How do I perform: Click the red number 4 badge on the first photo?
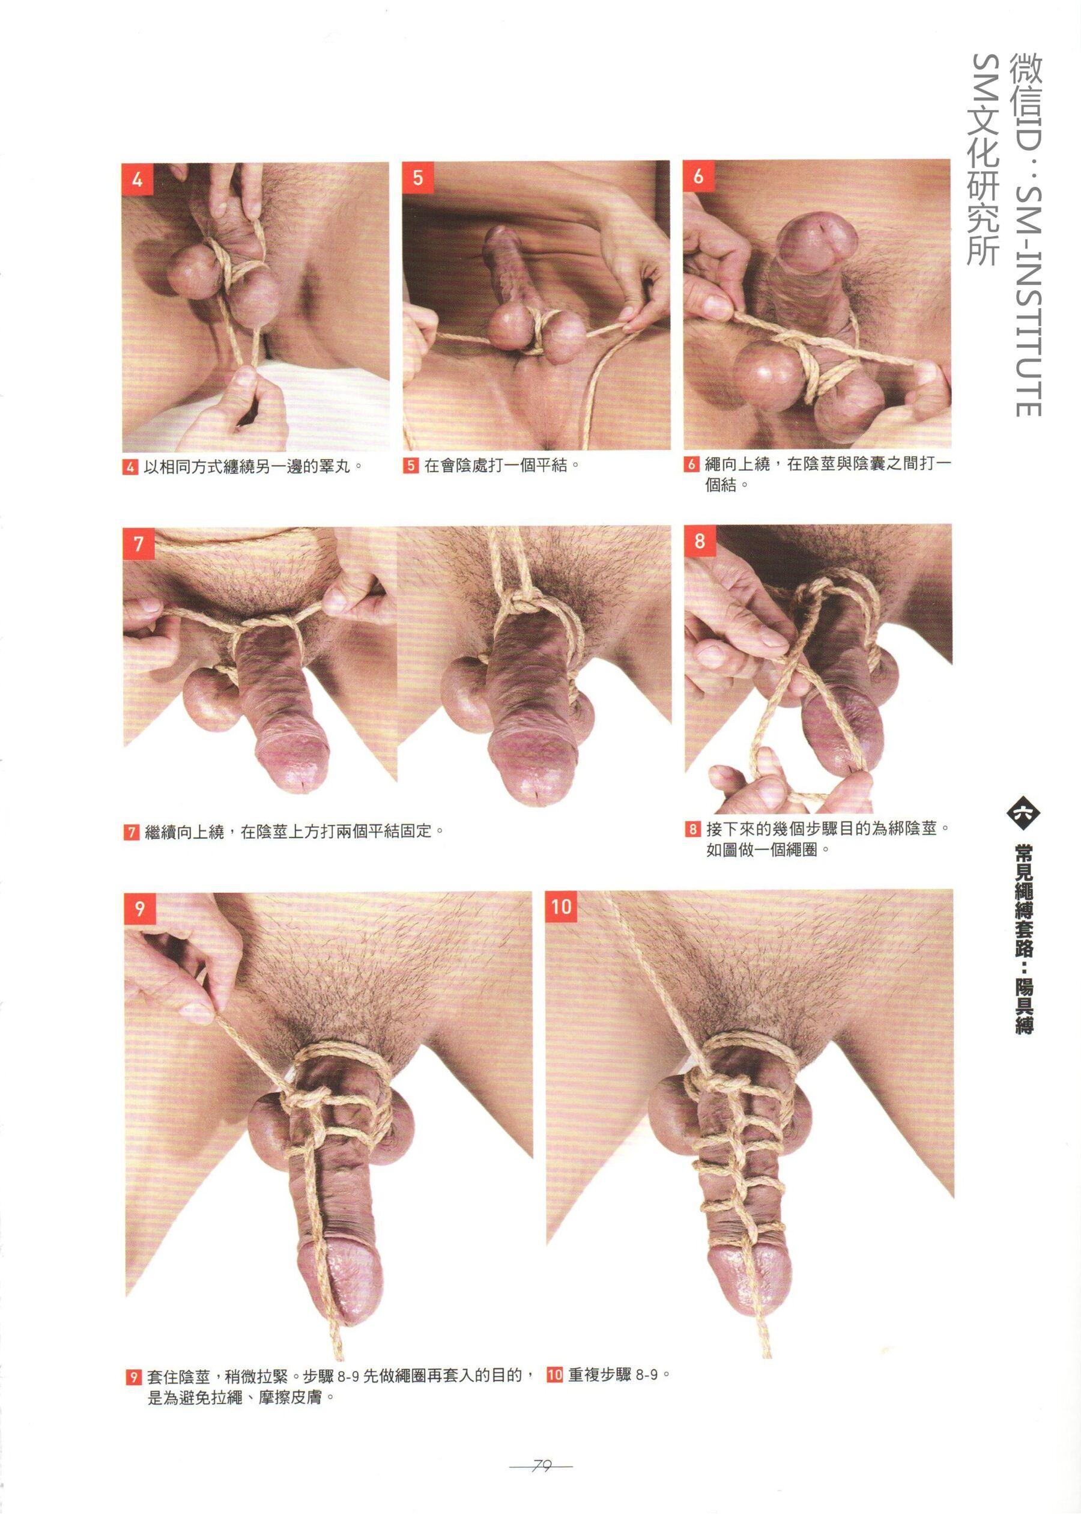pos(138,180)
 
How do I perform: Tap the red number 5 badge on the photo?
pos(418,177)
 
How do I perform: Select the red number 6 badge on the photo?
pos(698,177)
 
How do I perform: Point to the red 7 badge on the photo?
pos(139,544)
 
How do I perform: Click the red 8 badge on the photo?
pos(699,541)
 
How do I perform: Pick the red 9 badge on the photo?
pos(140,909)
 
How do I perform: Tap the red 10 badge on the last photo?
pos(561,906)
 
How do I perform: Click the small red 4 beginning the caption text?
pos(130,466)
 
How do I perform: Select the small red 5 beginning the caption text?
pos(411,466)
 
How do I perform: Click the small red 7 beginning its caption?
pos(131,832)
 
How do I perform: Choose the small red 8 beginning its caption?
pos(692,829)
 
